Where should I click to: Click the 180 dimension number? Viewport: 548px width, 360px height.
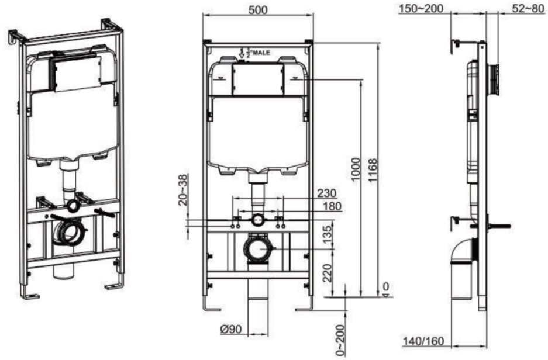(x=330, y=206)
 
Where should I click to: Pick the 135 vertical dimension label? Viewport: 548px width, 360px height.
(x=328, y=235)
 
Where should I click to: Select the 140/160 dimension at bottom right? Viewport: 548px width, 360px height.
(x=423, y=341)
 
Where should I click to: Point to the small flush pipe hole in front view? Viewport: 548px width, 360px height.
(x=257, y=220)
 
